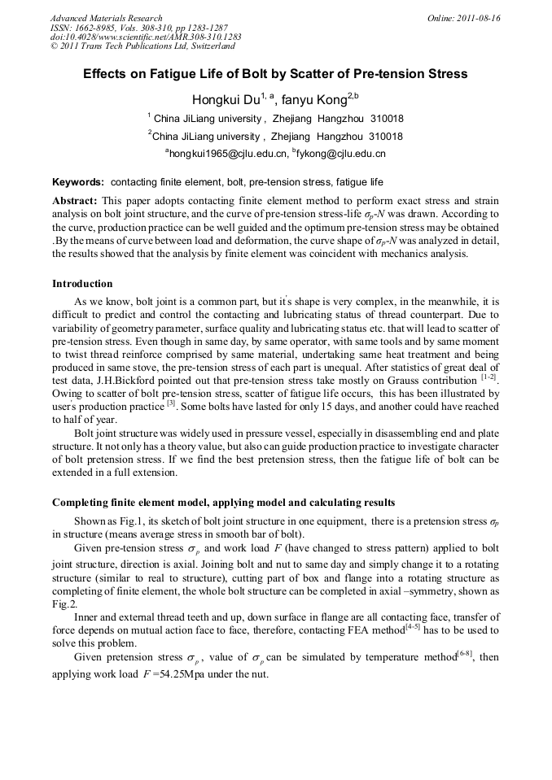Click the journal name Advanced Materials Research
pos(107,18)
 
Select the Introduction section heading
pos(82,284)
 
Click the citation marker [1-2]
pos(488,377)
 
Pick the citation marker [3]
pos(171,404)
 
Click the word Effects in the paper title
pos(107,74)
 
